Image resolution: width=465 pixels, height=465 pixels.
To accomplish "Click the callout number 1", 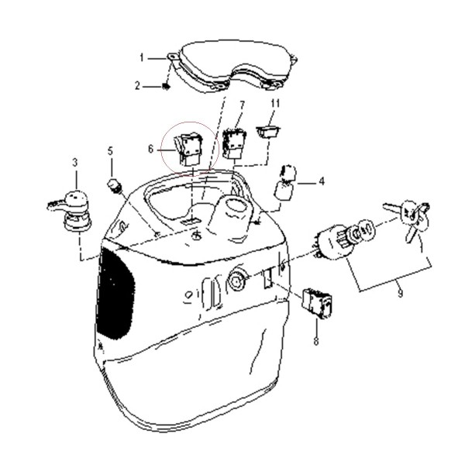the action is point(142,58).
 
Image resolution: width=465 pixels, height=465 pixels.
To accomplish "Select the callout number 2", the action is point(137,86).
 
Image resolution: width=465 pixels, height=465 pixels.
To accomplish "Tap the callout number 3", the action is point(75,163).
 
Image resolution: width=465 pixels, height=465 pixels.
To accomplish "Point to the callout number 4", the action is point(322,181).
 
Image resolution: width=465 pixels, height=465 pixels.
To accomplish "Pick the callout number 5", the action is point(110,151).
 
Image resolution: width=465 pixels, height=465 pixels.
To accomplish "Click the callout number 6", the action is point(151,149).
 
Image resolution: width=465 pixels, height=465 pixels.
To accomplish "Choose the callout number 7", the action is point(243,105).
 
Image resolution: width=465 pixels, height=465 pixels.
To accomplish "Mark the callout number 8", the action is point(316,341).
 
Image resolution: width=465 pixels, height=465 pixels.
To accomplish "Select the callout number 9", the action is point(400,293).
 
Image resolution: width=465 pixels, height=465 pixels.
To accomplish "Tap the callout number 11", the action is point(275,104).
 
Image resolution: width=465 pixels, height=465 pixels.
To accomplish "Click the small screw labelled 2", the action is point(166,87).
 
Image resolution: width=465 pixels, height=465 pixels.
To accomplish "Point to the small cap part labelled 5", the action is point(114,186).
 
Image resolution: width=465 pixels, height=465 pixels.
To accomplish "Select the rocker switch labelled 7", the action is point(234,143).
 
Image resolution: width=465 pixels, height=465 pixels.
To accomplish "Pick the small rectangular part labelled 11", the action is point(268,132).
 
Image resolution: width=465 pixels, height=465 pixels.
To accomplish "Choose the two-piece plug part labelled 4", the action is point(286,183).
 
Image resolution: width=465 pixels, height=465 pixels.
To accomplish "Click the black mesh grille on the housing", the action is point(115,294).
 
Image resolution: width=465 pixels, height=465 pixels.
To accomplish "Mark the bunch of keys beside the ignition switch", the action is point(408,219).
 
